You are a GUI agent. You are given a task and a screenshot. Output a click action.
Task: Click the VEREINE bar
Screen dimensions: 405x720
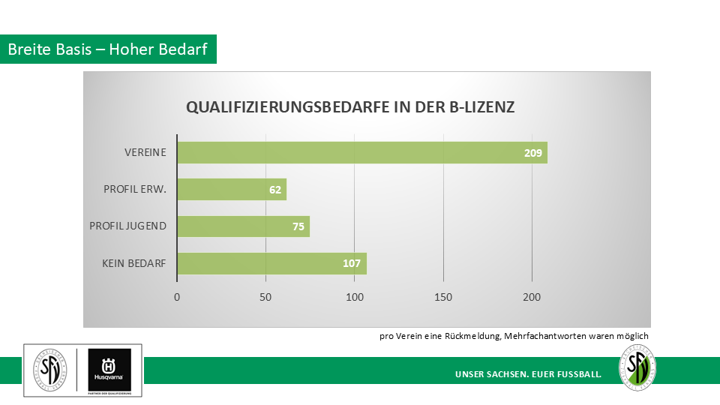coord(361,152)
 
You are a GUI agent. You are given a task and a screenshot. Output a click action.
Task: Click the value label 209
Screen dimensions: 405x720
coord(533,153)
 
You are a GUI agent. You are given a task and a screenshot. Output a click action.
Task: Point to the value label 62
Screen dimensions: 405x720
coord(275,190)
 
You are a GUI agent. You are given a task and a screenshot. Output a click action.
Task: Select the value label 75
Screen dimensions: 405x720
coord(298,226)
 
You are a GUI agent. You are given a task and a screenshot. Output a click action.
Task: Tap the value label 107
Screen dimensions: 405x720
coord(352,263)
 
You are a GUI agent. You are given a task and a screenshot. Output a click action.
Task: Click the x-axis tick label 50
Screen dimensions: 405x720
coord(265,296)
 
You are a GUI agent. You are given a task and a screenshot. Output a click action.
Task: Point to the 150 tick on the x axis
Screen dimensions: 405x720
coord(443,296)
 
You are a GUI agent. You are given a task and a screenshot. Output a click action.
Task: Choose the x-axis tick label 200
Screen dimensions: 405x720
coord(532,296)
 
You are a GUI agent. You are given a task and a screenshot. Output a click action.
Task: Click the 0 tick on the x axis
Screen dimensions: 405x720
coord(177,296)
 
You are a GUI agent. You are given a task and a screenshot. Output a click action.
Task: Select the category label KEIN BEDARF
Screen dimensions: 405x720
coord(134,263)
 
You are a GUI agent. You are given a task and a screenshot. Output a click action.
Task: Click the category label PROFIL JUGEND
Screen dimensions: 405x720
coord(127,226)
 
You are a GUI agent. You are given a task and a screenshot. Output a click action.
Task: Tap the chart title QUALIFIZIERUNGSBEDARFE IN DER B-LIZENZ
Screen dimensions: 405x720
coord(350,107)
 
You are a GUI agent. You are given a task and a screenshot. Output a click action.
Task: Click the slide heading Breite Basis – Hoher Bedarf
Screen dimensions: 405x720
coord(108,49)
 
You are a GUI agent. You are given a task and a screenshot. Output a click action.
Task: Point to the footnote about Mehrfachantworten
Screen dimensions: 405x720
coord(514,336)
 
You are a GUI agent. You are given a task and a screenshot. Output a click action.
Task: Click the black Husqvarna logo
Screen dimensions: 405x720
coord(109,370)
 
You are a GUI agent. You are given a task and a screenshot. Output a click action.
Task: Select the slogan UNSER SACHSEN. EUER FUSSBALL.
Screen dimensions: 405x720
coord(528,373)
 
